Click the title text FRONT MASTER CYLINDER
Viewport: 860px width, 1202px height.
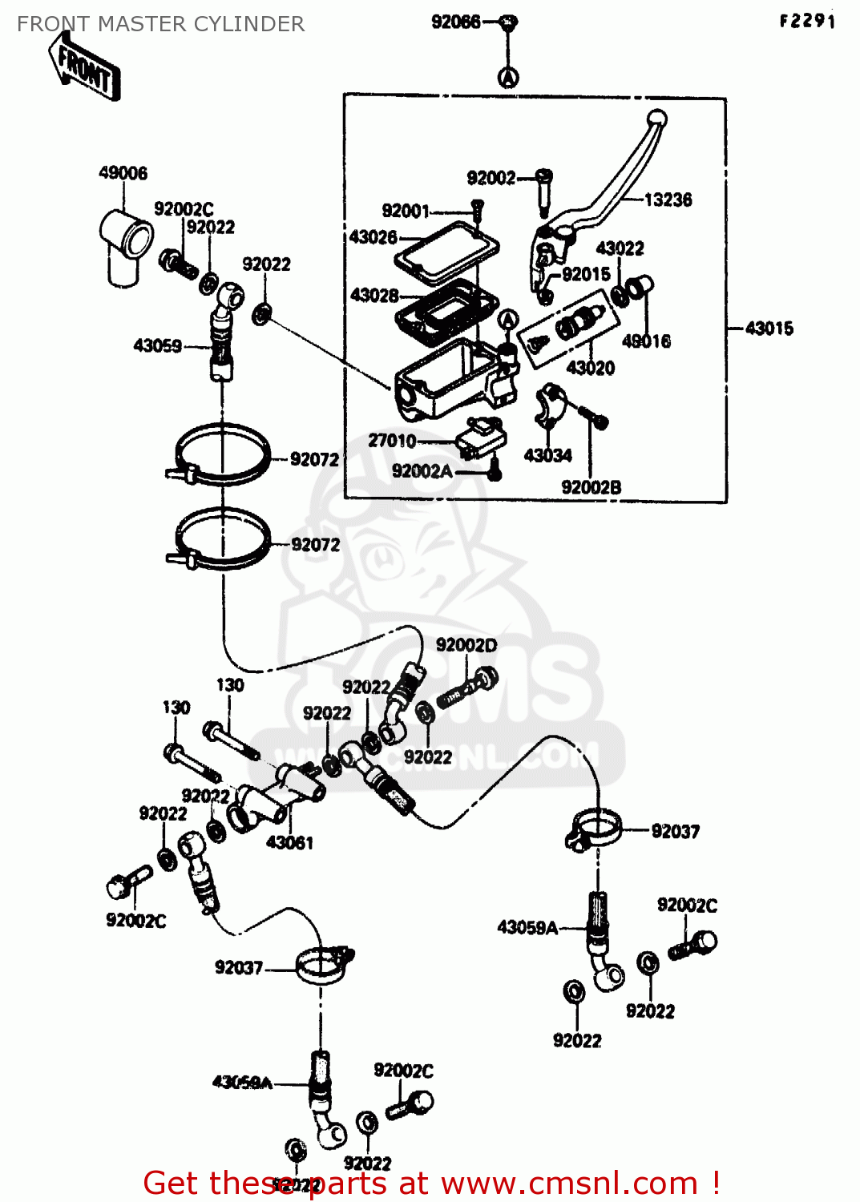160,24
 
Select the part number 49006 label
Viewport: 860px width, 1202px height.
123,173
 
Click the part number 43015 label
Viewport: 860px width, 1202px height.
769,329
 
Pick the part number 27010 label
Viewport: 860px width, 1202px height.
392,441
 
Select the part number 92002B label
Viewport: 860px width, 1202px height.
591,487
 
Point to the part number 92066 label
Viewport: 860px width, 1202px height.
455,22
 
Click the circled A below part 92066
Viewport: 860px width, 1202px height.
508,77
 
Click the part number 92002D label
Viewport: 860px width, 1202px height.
466,645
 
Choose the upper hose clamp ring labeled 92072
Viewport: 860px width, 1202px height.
222,454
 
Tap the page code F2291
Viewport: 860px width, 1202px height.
807,21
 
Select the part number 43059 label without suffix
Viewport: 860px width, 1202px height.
157,346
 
